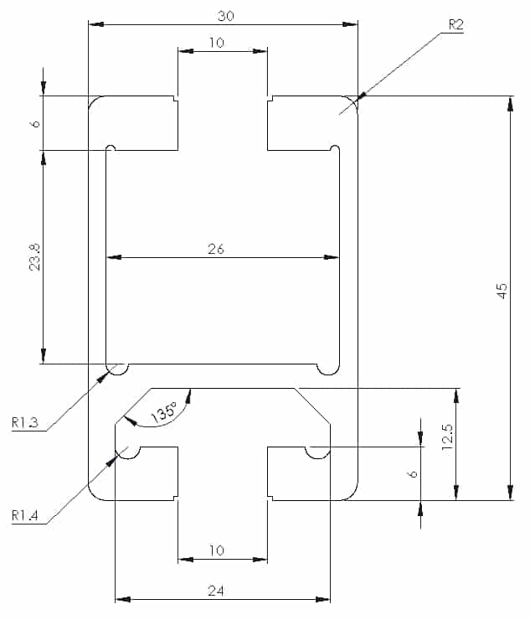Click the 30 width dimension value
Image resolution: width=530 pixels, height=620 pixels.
226,16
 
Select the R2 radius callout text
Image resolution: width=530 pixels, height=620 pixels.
455,25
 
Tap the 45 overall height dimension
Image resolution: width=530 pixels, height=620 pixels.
502,291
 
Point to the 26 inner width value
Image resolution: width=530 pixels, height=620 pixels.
216,249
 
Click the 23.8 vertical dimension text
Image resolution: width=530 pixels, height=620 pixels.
35,257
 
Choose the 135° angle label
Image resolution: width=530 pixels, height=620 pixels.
164,412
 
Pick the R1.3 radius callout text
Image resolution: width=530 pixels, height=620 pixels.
25,422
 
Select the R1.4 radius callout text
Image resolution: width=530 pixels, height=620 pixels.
25,515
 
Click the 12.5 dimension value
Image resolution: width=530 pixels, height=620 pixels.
447,437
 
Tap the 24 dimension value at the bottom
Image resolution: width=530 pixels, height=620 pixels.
216,591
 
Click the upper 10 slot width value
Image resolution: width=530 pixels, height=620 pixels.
217,42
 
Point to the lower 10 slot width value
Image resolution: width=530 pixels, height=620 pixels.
217,550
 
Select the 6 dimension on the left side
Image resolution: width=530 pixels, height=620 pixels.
35,124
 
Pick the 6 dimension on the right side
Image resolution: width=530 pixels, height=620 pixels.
412,473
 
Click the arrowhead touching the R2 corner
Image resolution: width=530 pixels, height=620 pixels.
362,96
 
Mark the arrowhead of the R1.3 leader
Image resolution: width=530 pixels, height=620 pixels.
103,376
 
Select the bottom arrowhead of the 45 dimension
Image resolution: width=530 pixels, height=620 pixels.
510,493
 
